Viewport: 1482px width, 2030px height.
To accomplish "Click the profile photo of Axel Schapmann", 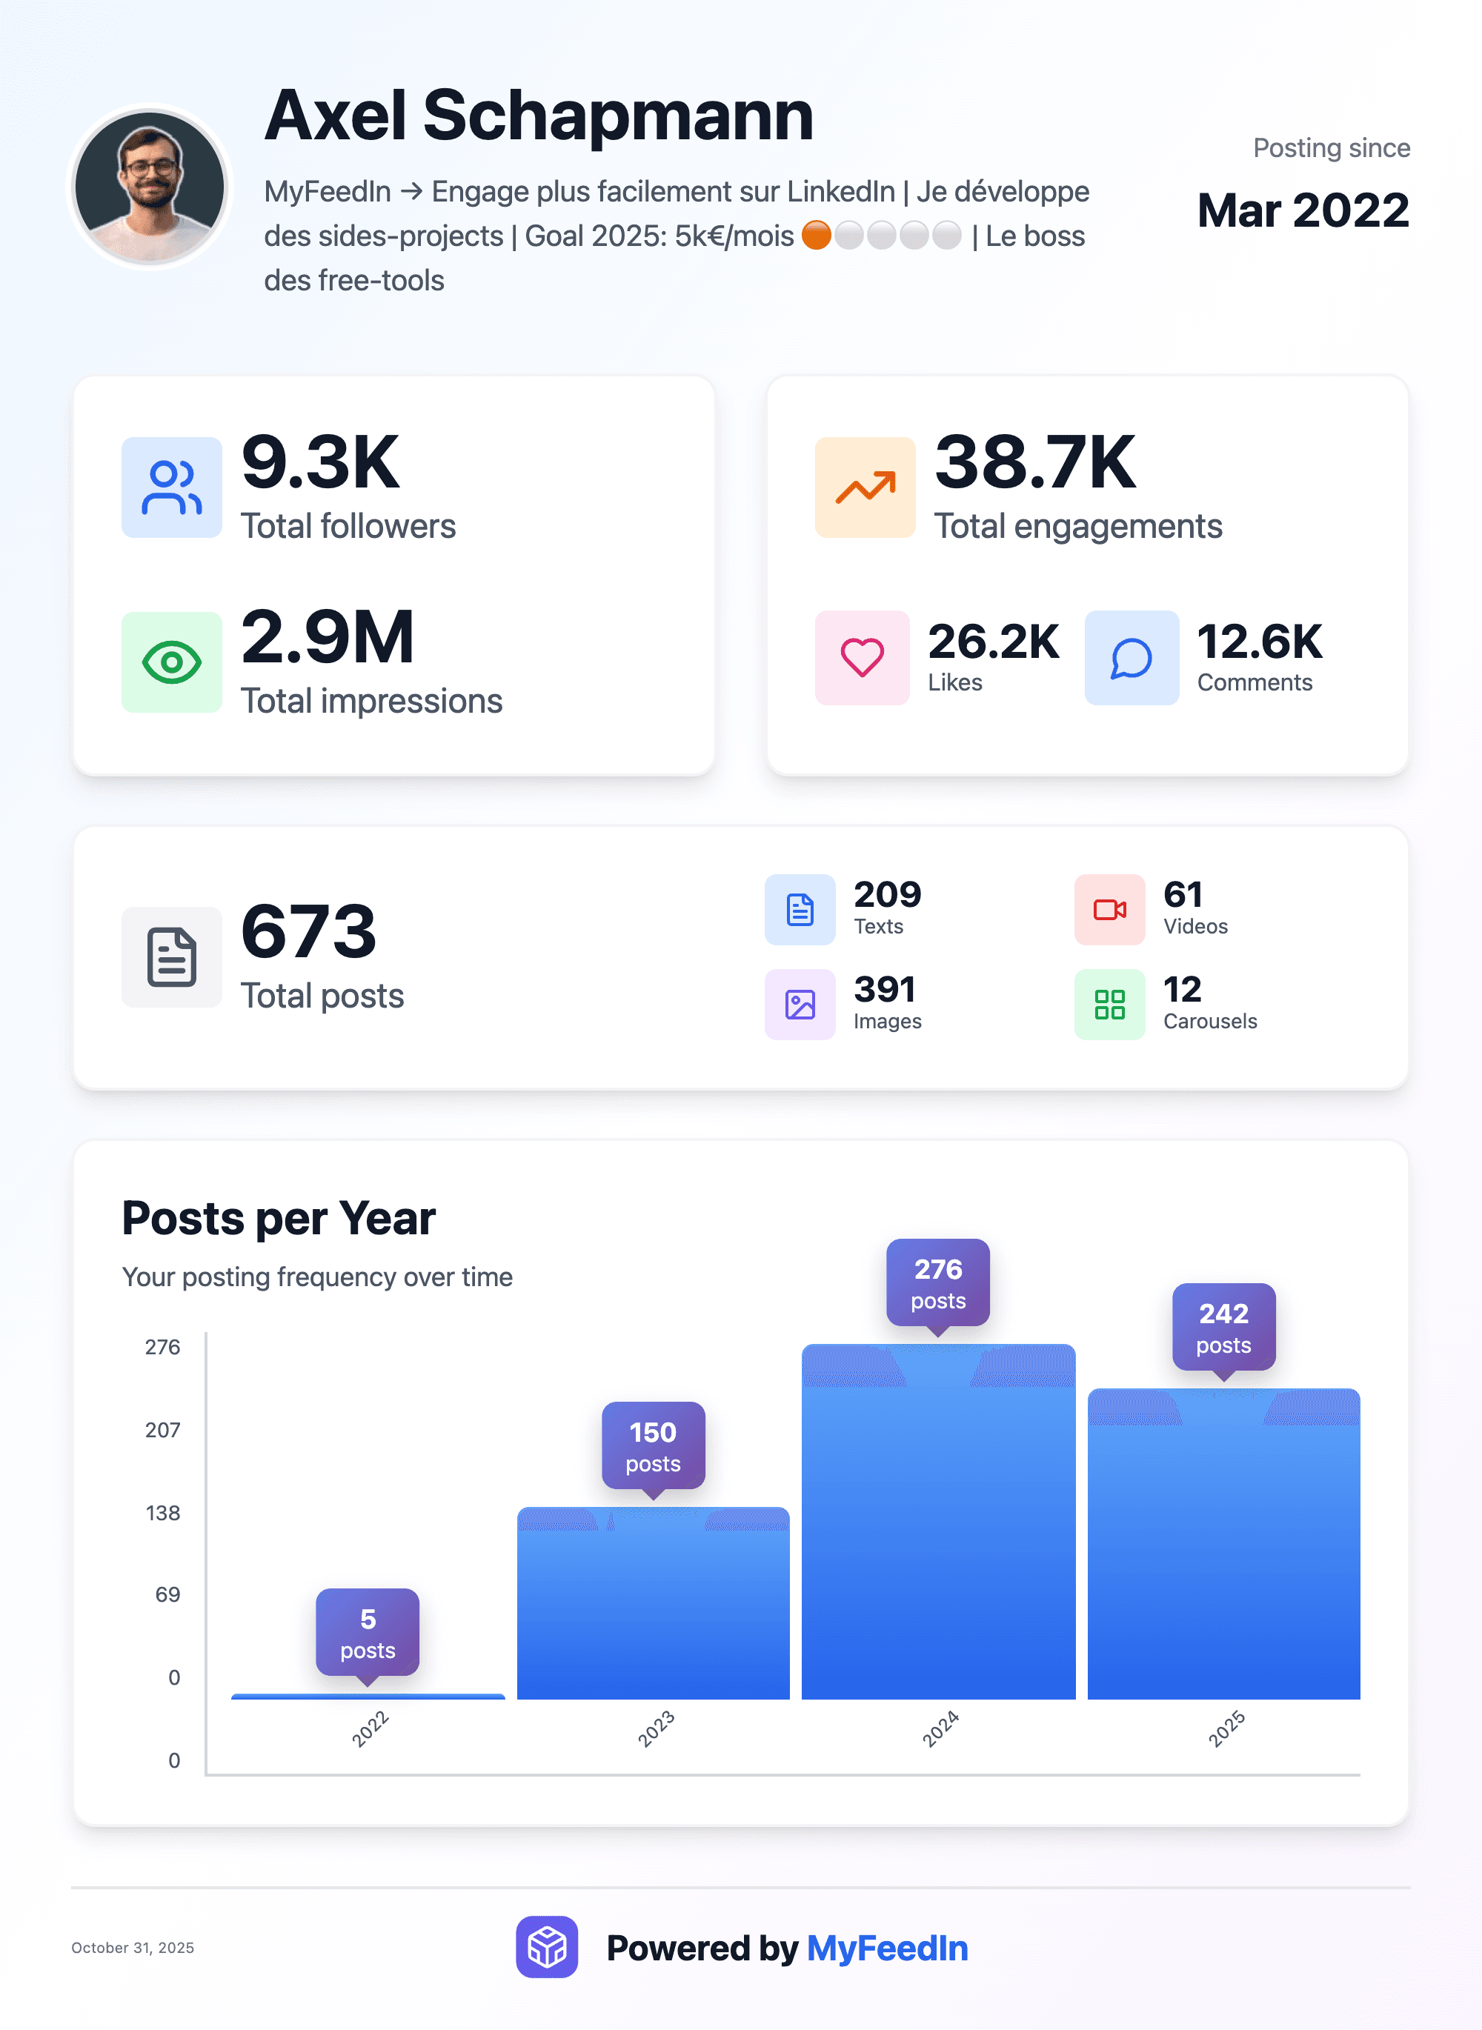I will (x=150, y=187).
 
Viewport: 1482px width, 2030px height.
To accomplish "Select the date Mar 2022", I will (x=1303, y=211).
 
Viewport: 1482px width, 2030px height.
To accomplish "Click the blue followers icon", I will (x=171, y=487).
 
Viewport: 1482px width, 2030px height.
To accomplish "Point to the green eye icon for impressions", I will (x=171, y=662).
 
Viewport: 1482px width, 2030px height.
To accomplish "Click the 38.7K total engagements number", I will (x=1034, y=463).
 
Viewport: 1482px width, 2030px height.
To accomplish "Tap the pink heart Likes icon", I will (x=861, y=658).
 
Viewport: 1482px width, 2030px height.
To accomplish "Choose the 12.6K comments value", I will (x=1259, y=642).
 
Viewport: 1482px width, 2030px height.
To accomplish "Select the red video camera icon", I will (x=1109, y=910).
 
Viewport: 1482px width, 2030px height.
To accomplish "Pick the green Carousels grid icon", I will (x=1109, y=1004).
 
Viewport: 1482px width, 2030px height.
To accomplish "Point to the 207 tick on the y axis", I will (x=162, y=1430).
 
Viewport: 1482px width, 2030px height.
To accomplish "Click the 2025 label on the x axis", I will (x=1226, y=1728).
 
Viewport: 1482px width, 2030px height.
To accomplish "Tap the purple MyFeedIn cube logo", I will (x=546, y=1946).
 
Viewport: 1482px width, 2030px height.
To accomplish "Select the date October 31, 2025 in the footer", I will (x=133, y=1948).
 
